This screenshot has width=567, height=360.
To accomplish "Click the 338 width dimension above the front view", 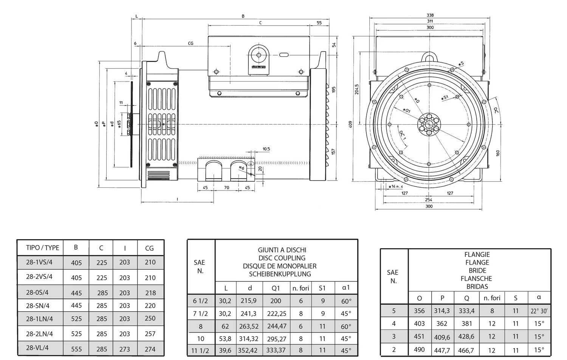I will [430, 15].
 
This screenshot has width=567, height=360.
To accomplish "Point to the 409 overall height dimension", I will [350, 124].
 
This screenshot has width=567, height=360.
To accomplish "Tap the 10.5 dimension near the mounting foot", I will [266, 149].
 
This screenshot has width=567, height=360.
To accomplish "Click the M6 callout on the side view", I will [242, 168].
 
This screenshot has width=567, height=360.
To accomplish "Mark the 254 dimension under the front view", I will [428, 199].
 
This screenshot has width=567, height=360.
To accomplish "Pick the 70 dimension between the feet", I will [227, 187].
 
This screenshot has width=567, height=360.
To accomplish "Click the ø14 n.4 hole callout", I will [396, 186].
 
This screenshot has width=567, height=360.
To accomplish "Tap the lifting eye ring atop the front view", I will [429, 57].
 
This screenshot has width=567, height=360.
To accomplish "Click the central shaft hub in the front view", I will [429, 124].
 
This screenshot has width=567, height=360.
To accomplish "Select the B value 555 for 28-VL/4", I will [76, 349].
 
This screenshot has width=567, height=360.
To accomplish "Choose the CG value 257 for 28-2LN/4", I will [150, 334].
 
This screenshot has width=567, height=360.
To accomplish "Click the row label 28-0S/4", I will [37, 292].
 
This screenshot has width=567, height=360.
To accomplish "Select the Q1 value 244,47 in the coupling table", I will [276, 326].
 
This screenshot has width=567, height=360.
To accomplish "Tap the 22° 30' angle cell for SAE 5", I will [539, 311].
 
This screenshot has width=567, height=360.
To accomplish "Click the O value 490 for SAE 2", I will [419, 349].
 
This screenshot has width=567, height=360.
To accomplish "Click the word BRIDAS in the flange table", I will [477, 286].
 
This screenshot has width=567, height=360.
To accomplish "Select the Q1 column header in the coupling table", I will [276, 288].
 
